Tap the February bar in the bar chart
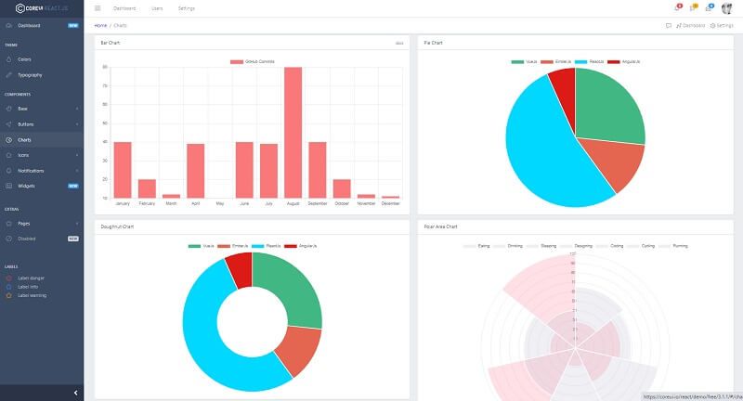(147, 188)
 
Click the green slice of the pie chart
(609, 107)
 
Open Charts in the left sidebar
(24, 139)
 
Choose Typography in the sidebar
(30, 74)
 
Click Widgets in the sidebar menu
(26, 186)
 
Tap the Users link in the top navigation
(157, 8)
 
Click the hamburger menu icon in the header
(98, 8)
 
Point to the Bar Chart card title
(111, 43)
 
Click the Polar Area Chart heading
(440, 226)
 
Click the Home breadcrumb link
(100, 25)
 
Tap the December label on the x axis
(390, 203)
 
